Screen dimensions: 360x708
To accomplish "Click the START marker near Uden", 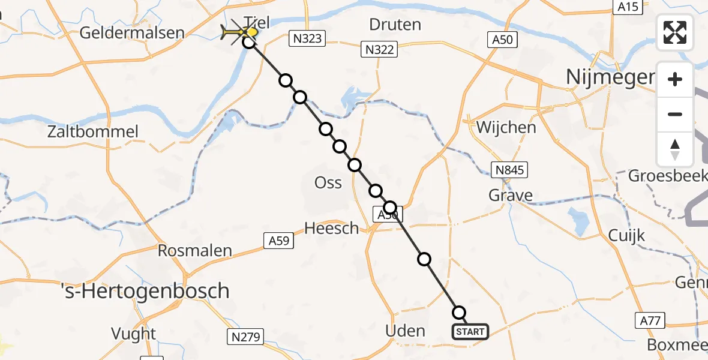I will click(470, 331).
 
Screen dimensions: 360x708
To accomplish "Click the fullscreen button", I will click(675, 32).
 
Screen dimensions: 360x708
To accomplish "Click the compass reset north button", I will click(675, 149).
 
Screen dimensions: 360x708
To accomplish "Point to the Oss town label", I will click(328, 182).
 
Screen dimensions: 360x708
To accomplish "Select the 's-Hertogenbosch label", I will click(146, 291).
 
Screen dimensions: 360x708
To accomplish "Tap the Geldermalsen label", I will click(132, 32).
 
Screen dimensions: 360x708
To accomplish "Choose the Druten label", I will click(395, 25).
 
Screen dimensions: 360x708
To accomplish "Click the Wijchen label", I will click(506, 127).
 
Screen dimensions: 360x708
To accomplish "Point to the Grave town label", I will click(510, 195).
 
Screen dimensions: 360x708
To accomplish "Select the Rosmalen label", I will click(194, 250).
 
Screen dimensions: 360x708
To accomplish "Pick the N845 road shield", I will click(510, 170).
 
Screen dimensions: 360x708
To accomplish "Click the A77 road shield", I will click(650, 321).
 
